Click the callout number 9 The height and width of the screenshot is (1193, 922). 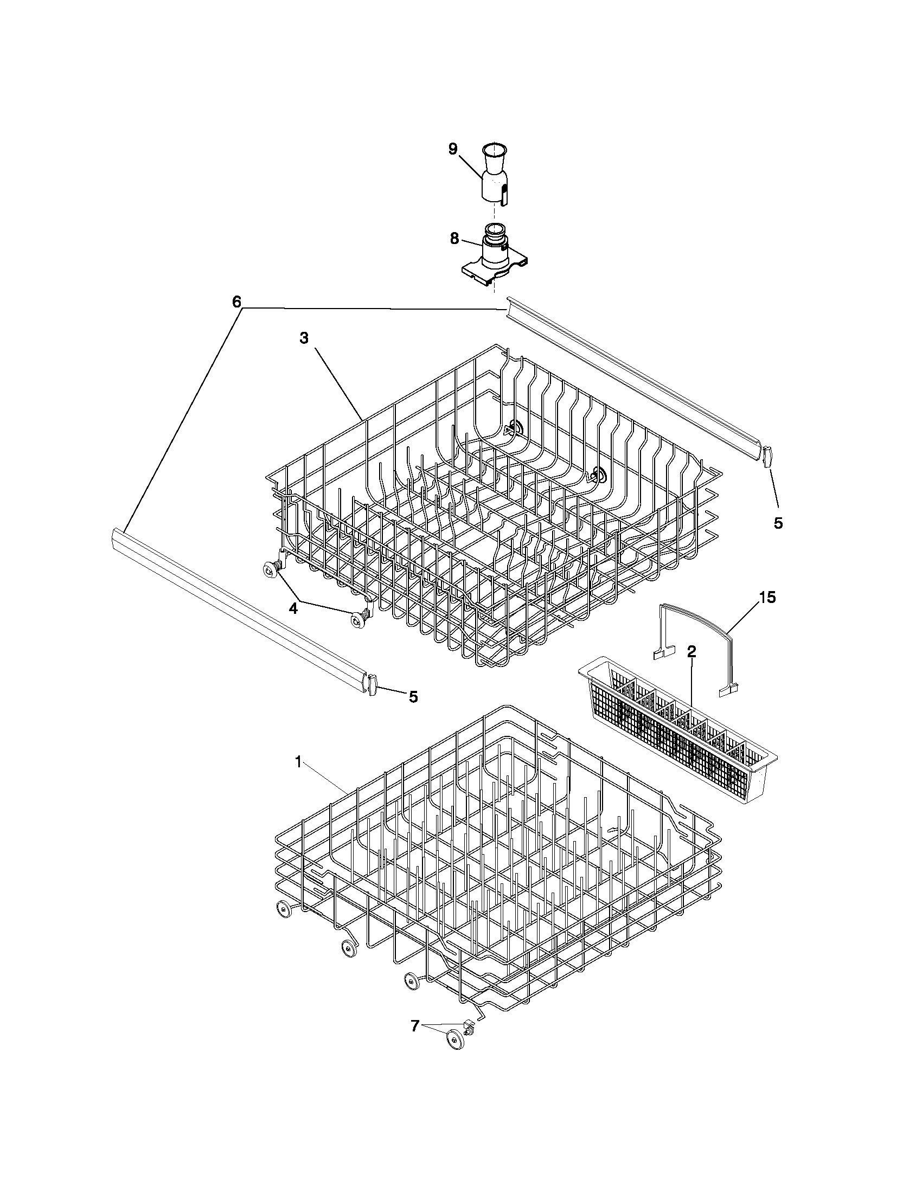click(453, 149)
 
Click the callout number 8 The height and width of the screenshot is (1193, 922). click(454, 239)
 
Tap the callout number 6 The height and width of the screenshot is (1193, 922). click(236, 302)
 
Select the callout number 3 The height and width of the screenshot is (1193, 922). click(304, 338)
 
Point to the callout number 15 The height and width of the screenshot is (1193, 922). click(767, 598)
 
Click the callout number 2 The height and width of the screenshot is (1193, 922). click(691, 651)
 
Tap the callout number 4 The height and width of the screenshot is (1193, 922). click(293, 608)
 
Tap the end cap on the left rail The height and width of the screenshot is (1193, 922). click(373, 685)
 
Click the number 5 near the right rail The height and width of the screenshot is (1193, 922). click(778, 523)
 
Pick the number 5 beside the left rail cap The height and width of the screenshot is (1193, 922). click(413, 696)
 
